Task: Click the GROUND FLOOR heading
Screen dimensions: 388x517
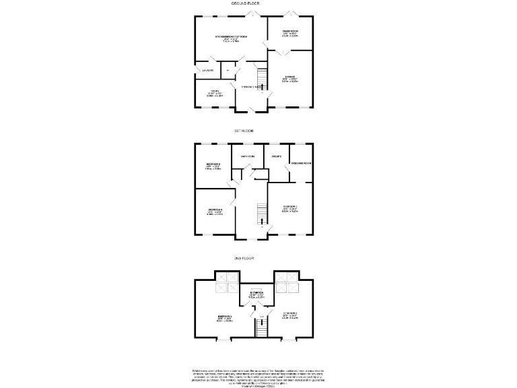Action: click(x=246, y=3)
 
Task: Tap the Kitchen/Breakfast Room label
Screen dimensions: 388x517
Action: click(x=231, y=37)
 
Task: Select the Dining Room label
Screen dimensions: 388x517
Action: click(x=290, y=33)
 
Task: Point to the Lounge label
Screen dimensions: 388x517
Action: click(x=290, y=77)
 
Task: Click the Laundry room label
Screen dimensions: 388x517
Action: click(x=206, y=71)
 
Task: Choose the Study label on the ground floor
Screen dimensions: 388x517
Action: click(x=214, y=93)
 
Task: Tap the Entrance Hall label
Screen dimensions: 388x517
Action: click(x=252, y=87)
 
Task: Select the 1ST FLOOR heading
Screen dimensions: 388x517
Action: click(x=244, y=131)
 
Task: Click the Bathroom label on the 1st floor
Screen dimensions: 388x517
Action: click(x=247, y=157)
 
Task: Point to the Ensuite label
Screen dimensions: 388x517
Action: click(x=276, y=157)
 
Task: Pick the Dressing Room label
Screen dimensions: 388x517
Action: click(x=301, y=163)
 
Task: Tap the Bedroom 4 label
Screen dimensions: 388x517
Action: click(x=215, y=211)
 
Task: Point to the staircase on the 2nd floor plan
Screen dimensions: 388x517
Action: click(x=259, y=329)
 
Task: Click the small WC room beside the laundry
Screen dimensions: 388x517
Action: click(x=228, y=71)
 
